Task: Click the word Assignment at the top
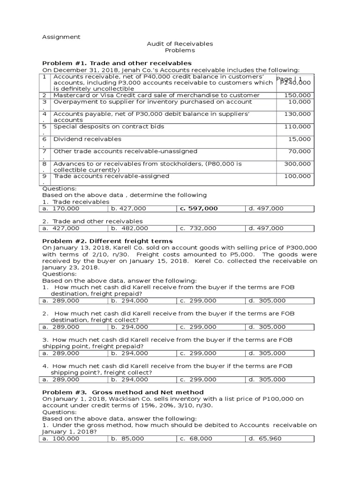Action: click(x=61, y=37)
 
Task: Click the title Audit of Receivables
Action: click(x=180, y=44)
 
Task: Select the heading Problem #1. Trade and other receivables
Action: click(x=117, y=63)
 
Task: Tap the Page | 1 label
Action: click(x=289, y=79)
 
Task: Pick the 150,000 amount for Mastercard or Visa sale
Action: click(x=298, y=95)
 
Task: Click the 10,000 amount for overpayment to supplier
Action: click(x=300, y=102)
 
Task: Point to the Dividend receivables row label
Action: click(x=87, y=139)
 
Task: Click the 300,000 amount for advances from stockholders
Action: click(x=298, y=164)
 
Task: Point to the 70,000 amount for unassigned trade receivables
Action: click(x=300, y=151)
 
